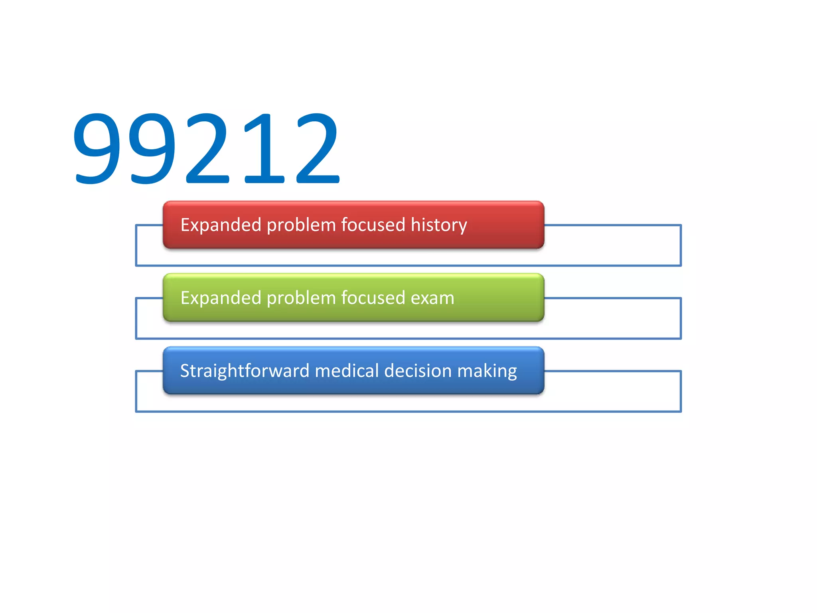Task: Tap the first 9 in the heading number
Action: (x=97, y=148)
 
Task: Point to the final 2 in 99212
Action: (x=317, y=148)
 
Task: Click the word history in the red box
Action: (x=439, y=225)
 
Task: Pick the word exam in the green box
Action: (x=432, y=298)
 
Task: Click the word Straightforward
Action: (x=245, y=371)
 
